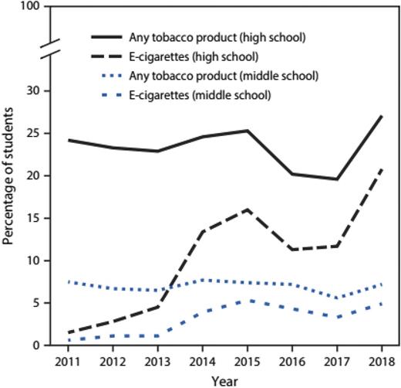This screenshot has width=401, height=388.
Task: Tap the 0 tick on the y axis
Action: click(35, 345)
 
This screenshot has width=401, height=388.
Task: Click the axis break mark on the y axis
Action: click(48, 49)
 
